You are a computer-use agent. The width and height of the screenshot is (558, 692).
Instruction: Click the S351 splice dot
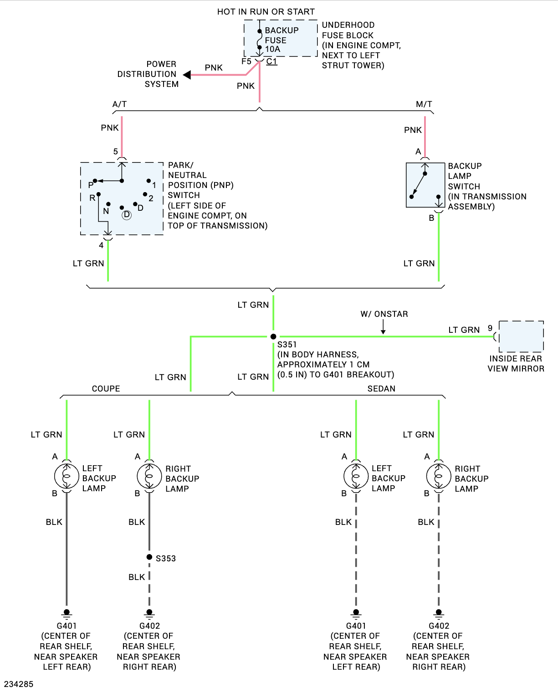pyautogui.click(x=273, y=337)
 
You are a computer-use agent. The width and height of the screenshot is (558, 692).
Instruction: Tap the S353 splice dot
pyautogui.click(x=149, y=557)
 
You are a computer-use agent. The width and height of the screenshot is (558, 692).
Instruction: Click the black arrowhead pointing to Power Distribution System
pyautogui.click(x=187, y=75)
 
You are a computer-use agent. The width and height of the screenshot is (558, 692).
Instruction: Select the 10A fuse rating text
pyautogui.click(x=272, y=49)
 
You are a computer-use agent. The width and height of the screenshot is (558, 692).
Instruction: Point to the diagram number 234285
pyautogui.click(x=19, y=684)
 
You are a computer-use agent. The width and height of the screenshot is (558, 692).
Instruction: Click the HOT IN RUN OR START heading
pyautogui.click(x=266, y=12)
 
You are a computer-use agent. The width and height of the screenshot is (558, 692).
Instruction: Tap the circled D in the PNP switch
pyautogui.click(x=127, y=215)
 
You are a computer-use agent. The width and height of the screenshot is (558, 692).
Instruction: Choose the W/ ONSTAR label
pyautogui.click(x=384, y=314)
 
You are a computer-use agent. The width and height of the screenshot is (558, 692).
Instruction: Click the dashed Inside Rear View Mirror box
pyautogui.click(x=521, y=336)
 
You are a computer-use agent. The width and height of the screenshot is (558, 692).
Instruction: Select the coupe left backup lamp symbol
pyautogui.click(x=67, y=476)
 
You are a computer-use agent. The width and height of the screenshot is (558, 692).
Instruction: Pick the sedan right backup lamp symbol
pyautogui.click(x=439, y=476)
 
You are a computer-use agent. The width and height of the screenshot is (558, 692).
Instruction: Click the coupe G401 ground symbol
pyautogui.click(x=67, y=614)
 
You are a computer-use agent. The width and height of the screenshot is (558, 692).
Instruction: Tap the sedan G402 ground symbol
pyautogui.click(x=439, y=614)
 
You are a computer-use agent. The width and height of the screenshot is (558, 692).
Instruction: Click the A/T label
pyautogui.click(x=119, y=104)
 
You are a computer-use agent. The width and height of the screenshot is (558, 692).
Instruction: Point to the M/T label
pyautogui.click(x=424, y=104)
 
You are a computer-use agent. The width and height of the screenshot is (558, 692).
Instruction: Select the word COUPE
pyautogui.click(x=106, y=388)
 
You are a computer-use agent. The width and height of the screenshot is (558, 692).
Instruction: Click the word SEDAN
pyautogui.click(x=381, y=388)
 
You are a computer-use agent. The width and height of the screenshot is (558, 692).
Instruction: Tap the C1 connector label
pyautogui.click(x=271, y=61)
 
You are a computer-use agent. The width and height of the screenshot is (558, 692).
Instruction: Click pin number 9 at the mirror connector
pyautogui.click(x=490, y=328)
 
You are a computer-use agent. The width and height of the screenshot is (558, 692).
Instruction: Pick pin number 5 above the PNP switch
pyautogui.click(x=116, y=152)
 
